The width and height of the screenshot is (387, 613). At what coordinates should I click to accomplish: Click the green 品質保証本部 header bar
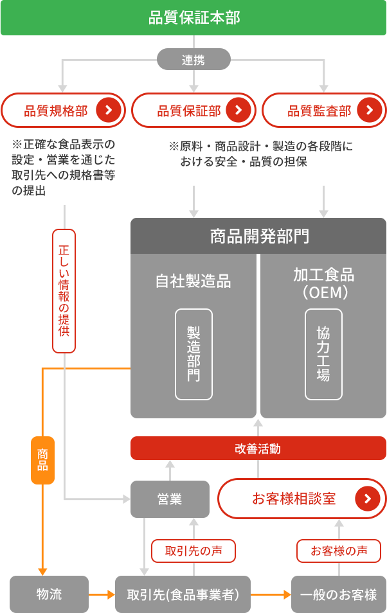coord(194,17)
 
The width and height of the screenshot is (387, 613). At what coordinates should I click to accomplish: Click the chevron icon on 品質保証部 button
coord(239,111)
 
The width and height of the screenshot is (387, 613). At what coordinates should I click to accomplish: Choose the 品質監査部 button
coord(323,111)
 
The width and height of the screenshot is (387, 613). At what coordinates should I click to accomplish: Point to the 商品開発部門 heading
coord(258,236)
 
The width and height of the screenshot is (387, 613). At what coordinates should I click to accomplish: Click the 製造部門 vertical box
coord(194,354)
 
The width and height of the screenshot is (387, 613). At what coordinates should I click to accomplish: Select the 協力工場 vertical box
coord(323,354)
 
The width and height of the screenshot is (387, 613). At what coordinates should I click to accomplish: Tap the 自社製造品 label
coord(194,281)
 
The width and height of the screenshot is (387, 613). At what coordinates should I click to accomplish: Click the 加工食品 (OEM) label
coord(323,283)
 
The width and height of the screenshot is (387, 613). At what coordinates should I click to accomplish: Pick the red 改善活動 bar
coord(258,449)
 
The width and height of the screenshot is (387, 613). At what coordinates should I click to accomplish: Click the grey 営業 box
coord(170,499)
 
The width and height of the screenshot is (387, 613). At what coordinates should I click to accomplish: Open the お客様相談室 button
coord(301,499)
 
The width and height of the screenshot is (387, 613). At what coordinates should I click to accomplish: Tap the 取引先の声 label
coord(194,551)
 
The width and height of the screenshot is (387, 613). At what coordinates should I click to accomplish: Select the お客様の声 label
coord(339,551)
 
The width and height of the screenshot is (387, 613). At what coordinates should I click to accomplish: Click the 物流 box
coord(49,594)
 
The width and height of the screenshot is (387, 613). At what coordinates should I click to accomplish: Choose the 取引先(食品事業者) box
coord(183,594)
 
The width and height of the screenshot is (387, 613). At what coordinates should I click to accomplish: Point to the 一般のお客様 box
coord(339,594)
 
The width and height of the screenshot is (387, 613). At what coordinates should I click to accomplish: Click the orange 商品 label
coord(42,460)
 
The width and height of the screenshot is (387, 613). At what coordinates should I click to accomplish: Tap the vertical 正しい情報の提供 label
coord(64,290)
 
